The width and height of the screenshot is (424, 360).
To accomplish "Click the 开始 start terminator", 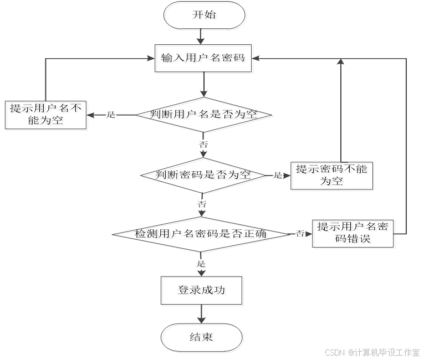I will point(205,16).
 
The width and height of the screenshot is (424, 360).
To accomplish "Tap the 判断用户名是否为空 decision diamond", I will point(205,115).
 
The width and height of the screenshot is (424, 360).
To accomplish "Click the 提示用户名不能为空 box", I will point(47,115).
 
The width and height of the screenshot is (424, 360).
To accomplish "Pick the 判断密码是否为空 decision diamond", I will point(204,176).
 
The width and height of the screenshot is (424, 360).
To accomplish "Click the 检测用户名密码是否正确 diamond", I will point(202,234).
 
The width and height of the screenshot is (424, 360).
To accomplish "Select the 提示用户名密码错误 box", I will point(355,234).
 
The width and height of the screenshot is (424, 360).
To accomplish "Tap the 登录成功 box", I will point(202,291).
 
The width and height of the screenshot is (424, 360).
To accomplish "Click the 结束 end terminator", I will point(202,338).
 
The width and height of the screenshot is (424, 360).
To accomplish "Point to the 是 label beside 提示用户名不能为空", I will point(111,115).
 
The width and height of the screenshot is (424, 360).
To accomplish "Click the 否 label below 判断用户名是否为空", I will point(203,145).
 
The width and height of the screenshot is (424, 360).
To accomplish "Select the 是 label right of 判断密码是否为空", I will point(278,176).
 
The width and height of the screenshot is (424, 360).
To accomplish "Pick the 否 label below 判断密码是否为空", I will point(202,204).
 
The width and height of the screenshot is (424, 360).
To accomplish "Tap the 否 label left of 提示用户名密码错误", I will point(300,234).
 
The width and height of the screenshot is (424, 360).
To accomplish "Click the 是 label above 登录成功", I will point(201,264).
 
